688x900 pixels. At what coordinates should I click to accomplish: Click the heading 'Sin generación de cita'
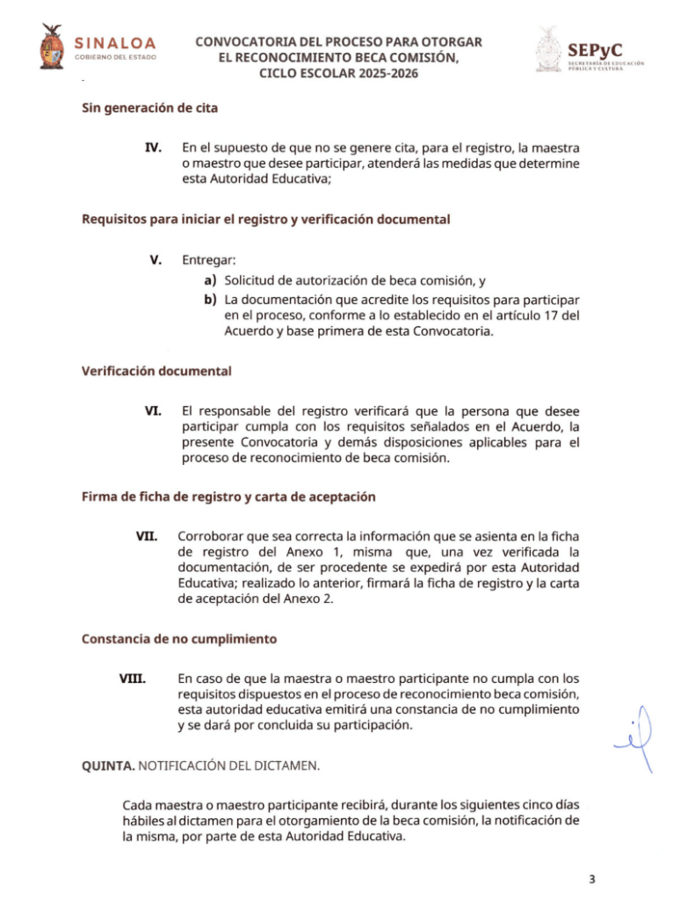[149, 108]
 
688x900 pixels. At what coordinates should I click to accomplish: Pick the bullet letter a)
[210, 281]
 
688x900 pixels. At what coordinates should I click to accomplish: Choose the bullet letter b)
[210, 300]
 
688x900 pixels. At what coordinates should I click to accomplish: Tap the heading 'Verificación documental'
[156, 371]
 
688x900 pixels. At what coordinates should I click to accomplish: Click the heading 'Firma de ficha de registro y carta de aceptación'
[228, 497]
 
